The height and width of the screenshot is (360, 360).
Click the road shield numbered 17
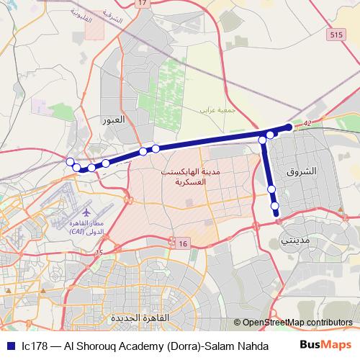point(142,4)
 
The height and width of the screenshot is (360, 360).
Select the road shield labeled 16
point(184,245)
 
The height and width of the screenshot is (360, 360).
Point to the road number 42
point(307,125)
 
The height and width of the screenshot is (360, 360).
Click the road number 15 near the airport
point(99,252)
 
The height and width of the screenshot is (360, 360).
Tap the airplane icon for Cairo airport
point(86,213)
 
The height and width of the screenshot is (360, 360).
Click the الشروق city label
point(301,173)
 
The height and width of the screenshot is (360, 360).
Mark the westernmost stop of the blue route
point(71,161)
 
